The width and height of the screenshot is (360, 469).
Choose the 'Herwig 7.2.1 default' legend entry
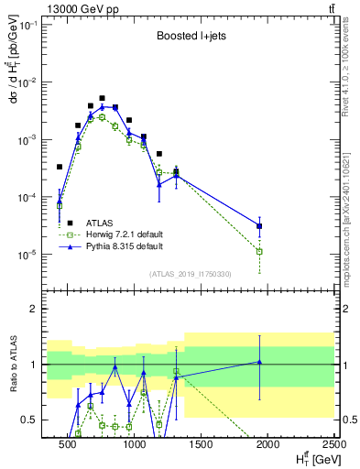point(124,234)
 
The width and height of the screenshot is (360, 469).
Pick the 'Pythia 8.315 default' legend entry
point(124,246)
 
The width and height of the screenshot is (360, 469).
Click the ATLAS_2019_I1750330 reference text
point(190,273)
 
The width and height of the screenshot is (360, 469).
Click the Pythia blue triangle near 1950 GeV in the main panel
point(260,225)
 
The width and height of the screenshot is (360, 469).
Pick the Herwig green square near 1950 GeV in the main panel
point(260,251)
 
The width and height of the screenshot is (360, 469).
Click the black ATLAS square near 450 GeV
point(60,167)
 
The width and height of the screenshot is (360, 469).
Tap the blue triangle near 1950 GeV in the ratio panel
point(260,362)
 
